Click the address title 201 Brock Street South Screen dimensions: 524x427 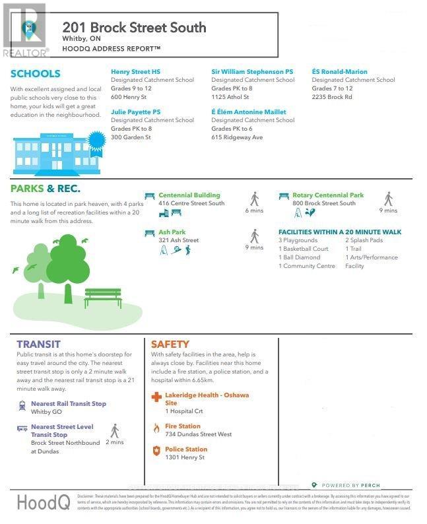point(134,28)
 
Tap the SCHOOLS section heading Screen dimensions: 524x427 point(35,74)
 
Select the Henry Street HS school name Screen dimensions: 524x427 point(136,71)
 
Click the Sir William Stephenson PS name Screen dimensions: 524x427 point(252,71)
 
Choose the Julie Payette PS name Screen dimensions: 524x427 point(135,112)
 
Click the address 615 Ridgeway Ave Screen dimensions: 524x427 point(237,137)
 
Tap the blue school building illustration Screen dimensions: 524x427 point(53,149)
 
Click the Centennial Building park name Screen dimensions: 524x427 point(189,195)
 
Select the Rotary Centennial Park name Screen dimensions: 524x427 point(328,195)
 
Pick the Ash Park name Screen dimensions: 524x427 point(172,232)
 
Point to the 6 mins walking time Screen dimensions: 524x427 point(254,211)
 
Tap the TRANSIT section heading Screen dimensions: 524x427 point(38,344)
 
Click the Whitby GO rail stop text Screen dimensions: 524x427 point(46,412)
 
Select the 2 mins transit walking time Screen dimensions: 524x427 point(115,442)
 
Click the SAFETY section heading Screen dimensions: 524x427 point(170,344)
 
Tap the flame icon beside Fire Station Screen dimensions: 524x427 point(156,428)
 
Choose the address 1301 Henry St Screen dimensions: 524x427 point(185,457)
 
